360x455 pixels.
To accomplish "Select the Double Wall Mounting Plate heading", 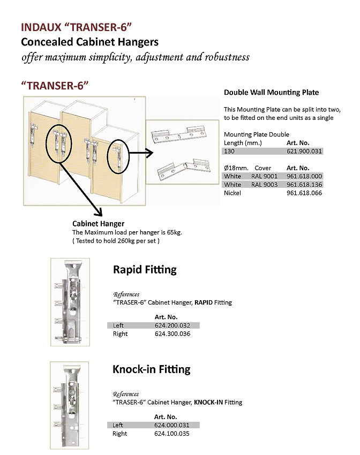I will coord(271,93).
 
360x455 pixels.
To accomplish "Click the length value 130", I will coord(229,151).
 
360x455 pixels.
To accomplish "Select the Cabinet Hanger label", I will coord(98,224).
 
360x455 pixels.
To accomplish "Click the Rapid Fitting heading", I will coord(145,270).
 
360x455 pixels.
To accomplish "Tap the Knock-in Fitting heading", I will coord(152,369).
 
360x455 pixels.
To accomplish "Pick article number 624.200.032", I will coord(172,325).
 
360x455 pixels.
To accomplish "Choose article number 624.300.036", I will coord(172,334).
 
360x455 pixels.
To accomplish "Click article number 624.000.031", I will coord(172,425).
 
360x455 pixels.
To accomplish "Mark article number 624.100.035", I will coord(172,434).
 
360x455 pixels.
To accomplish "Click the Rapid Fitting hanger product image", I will coord(73,302).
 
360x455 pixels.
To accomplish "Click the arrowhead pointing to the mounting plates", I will coord(152,151).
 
